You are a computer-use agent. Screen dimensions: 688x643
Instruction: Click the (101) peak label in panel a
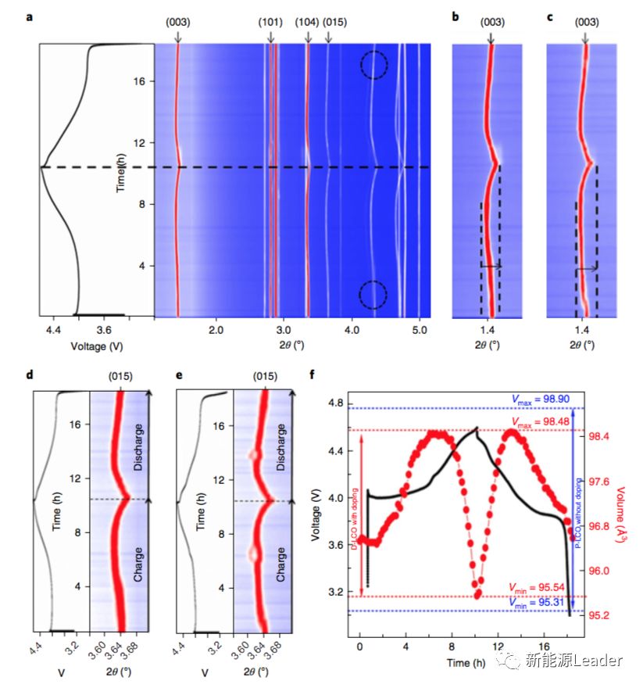[271, 22]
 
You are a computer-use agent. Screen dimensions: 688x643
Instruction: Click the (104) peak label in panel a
[307, 22]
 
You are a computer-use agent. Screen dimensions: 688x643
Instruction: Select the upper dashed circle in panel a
[374, 65]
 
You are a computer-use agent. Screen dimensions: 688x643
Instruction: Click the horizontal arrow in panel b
[491, 267]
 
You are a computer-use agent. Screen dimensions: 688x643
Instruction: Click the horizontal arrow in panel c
[586, 269]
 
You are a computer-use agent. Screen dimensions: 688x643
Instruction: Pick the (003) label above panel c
[586, 22]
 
